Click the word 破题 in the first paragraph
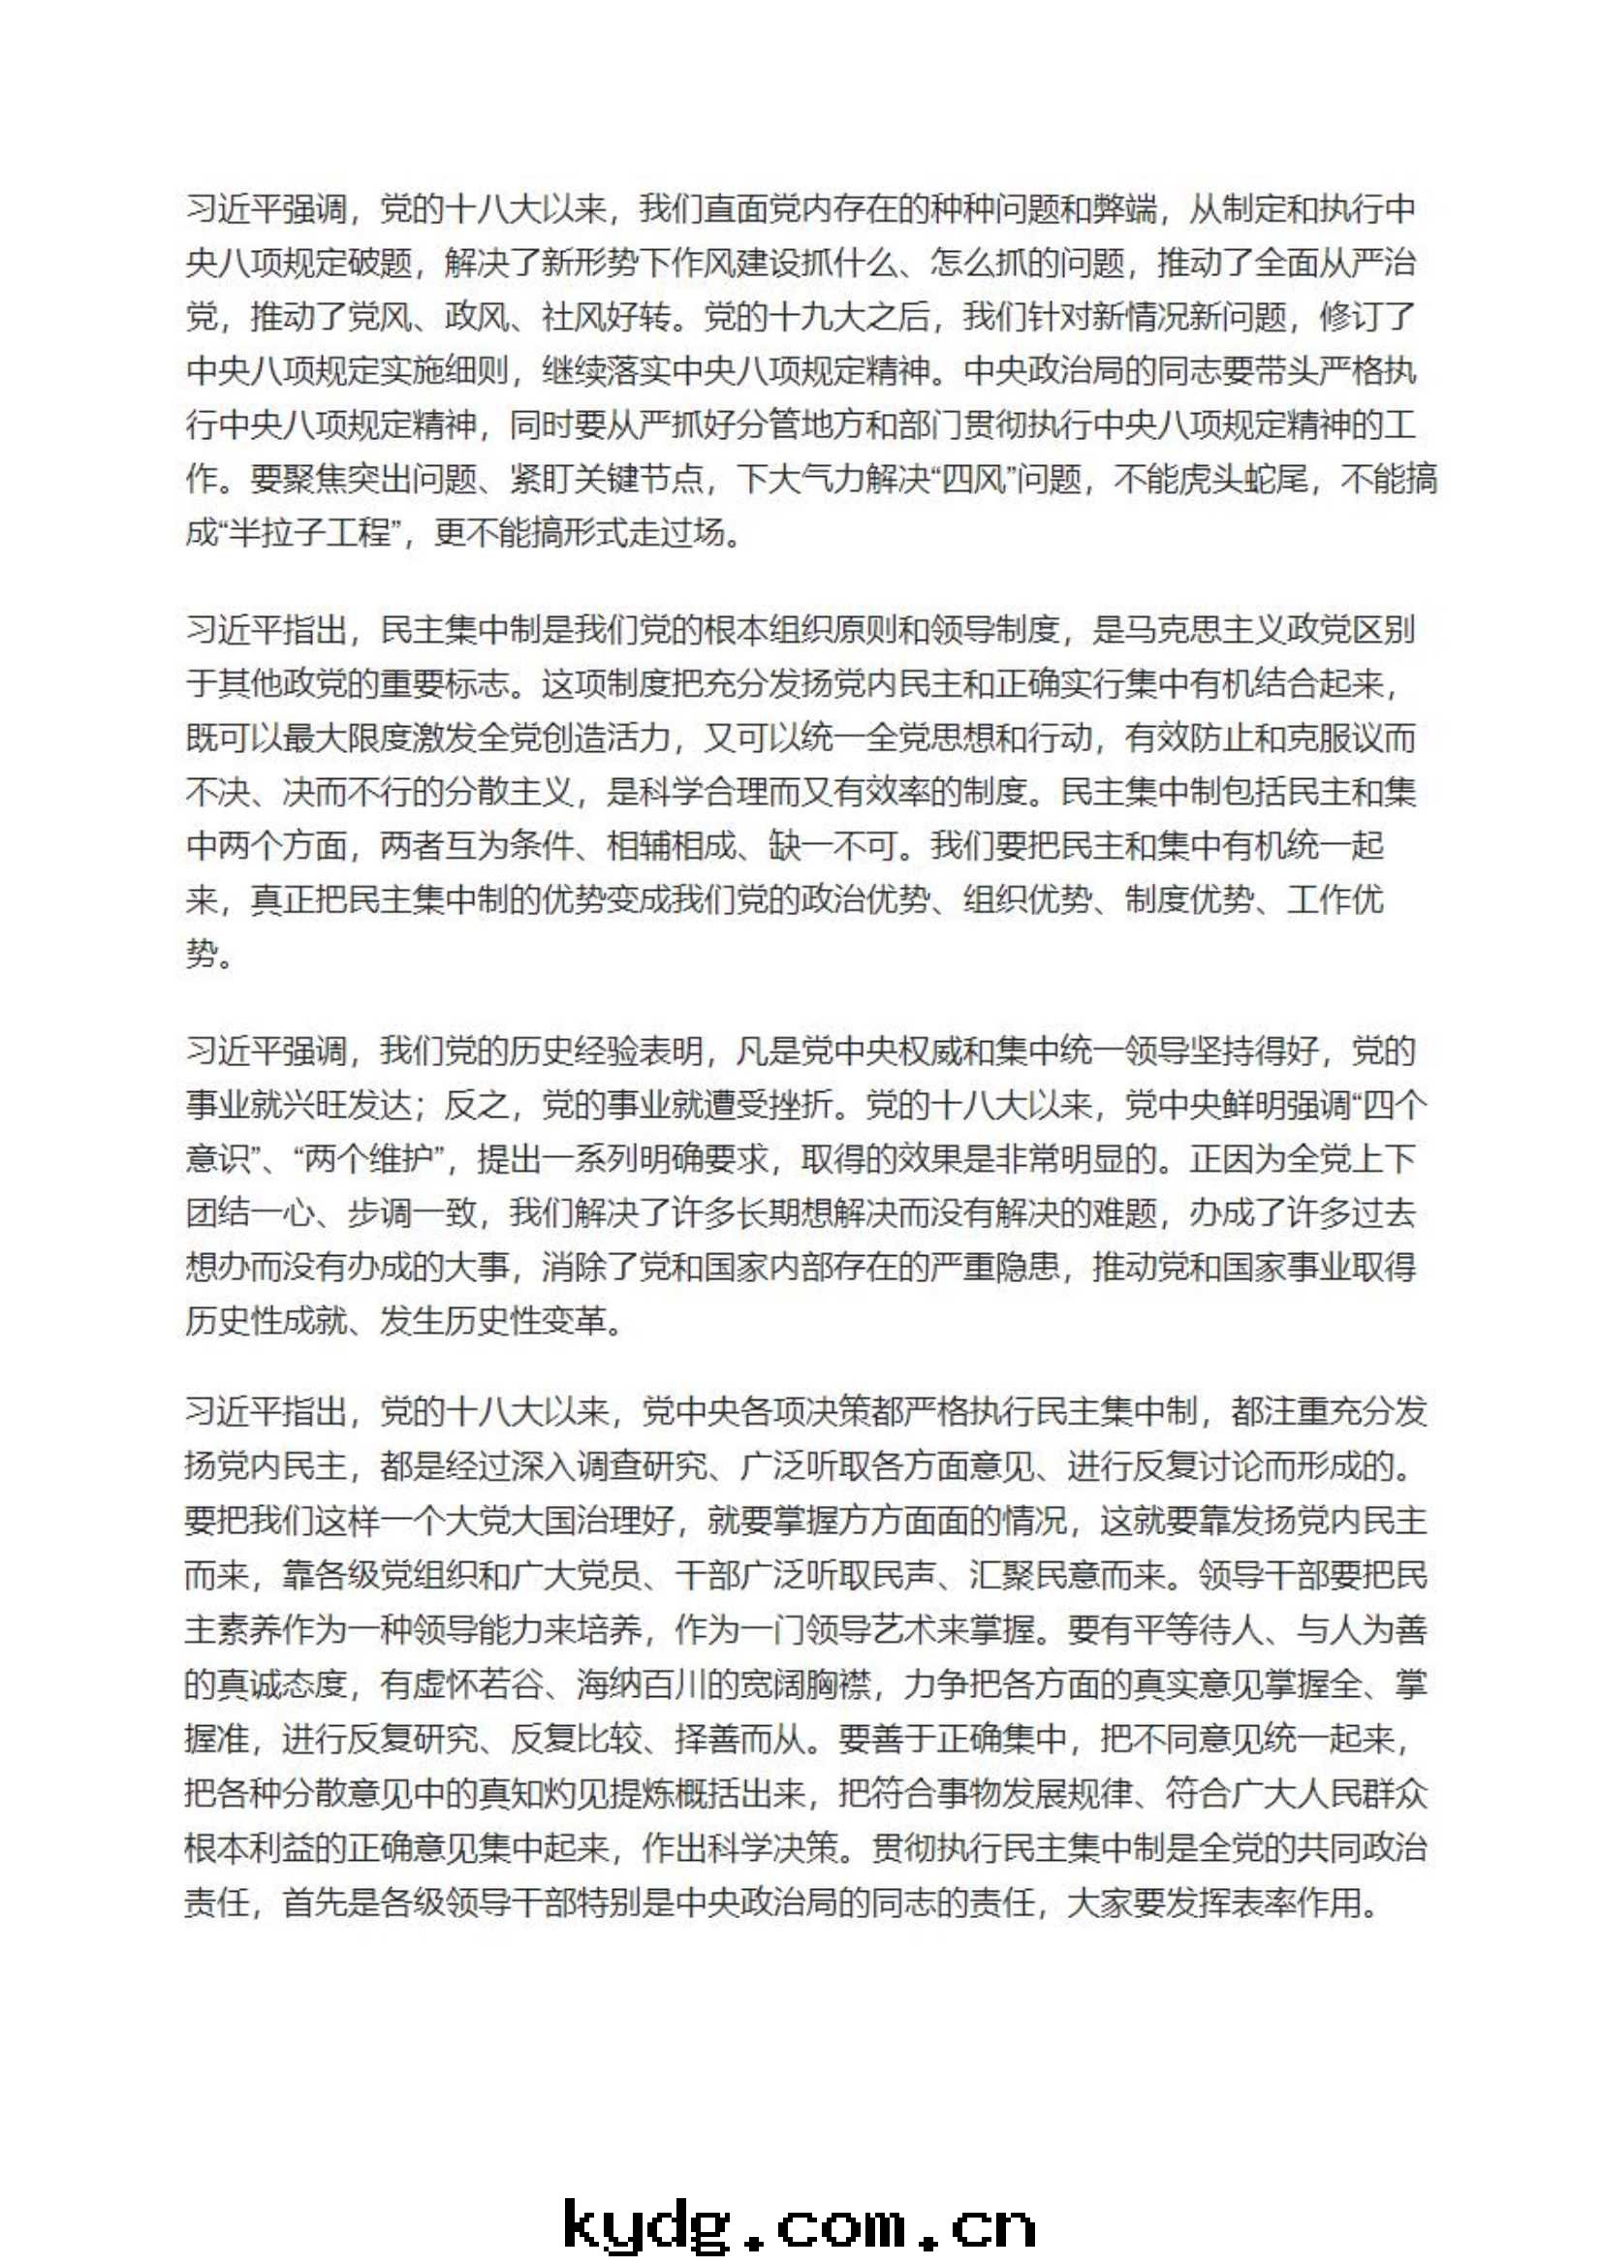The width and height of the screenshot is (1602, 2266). [380, 263]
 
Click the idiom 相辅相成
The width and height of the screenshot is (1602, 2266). [671, 846]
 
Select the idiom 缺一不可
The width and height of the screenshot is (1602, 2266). [832, 846]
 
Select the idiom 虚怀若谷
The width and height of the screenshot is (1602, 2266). [478, 1684]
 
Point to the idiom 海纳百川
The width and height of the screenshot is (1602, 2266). [643, 1684]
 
